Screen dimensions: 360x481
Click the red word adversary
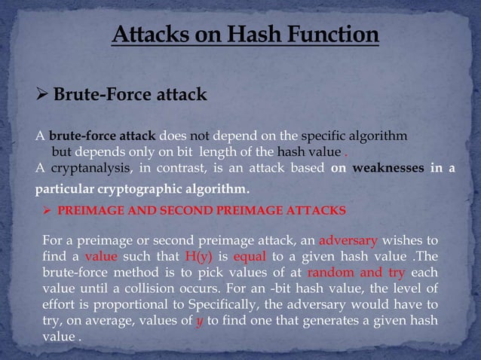[x=348, y=241]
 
